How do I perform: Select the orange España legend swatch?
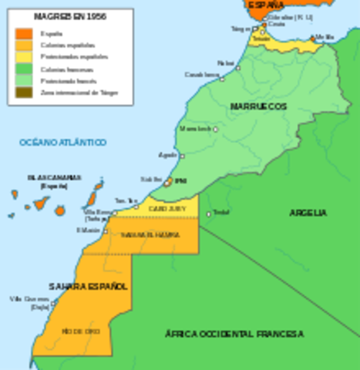coord(25,33)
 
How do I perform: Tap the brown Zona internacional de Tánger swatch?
coord(25,92)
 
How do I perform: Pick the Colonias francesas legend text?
coord(64,69)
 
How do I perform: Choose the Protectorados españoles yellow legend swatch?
coord(25,57)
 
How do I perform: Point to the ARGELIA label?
coord(308,212)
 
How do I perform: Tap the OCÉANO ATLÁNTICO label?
coord(63,143)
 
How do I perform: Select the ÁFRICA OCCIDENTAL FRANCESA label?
coord(234,334)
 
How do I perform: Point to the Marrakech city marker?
coord(215,129)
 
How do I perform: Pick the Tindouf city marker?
coord(208,214)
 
